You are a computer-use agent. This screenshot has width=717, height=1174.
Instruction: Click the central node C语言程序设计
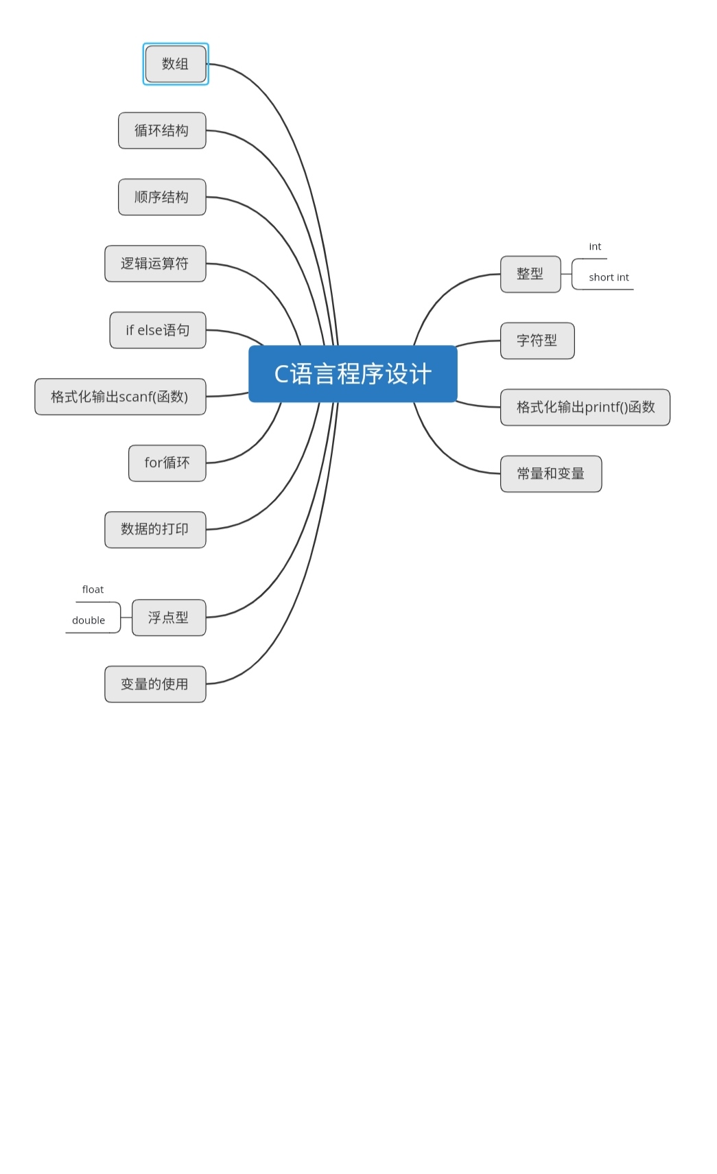(x=353, y=374)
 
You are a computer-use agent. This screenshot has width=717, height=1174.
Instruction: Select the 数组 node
(x=176, y=64)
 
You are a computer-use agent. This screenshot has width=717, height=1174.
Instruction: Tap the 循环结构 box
(x=162, y=130)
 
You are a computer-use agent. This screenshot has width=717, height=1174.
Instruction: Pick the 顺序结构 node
(x=162, y=197)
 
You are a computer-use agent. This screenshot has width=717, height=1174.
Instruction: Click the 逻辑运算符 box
(x=155, y=263)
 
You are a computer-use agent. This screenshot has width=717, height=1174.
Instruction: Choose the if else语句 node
(x=158, y=330)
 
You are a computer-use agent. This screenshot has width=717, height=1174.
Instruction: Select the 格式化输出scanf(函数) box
(x=120, y=397)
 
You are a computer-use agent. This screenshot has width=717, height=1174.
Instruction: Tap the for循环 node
(x=167, y=463)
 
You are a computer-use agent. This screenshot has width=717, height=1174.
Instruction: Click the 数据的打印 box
(x=155, y=529)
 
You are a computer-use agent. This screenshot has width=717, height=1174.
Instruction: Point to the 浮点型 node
(x=169, y=618)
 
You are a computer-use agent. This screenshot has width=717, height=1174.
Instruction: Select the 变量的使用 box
(x=155, y=684)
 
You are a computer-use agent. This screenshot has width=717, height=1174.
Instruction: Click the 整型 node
(x=530, y=274)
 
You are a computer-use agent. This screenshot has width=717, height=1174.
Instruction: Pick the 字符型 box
(x=537, y=340)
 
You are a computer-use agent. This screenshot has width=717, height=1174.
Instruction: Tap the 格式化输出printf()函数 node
(x=585, y=407)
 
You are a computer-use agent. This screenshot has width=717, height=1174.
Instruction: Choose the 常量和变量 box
(x=551, y=473)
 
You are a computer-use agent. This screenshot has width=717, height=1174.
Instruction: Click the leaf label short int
(x=609, y=277)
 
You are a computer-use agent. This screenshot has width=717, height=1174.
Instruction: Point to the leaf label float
(x=93, y=589)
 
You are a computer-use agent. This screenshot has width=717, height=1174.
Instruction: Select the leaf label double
(x=89, y=620)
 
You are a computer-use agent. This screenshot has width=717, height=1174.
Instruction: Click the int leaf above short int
(x=595, y=246)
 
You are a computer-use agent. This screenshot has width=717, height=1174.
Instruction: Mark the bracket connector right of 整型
(x=572, y=274)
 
